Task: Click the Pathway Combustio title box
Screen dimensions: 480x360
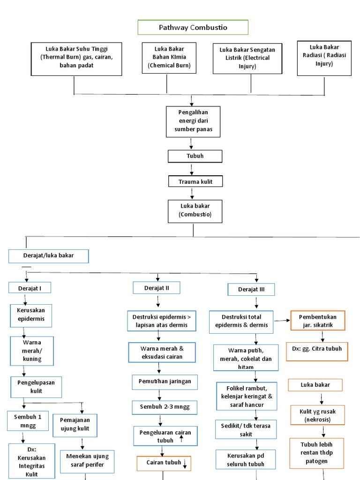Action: (x=193, y=27)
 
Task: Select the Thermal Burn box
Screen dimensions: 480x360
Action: (x=76, y=59)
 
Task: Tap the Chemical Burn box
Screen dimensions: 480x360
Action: (x=169, y=58)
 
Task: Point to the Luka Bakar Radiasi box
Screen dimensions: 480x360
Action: (x=324, y=58)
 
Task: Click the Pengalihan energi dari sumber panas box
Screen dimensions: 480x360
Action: (x=193, y=121)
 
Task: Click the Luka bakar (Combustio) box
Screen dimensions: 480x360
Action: (x=195, y=211)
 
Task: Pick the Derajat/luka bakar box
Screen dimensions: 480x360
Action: (x=48, y=256)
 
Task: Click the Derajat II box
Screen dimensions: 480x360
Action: (x=157, y=287)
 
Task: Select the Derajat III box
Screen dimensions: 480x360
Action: (x=251, y=289)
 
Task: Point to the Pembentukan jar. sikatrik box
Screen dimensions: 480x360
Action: (x=317, y=321)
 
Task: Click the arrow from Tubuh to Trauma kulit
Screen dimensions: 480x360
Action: (x=192, y=169)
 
